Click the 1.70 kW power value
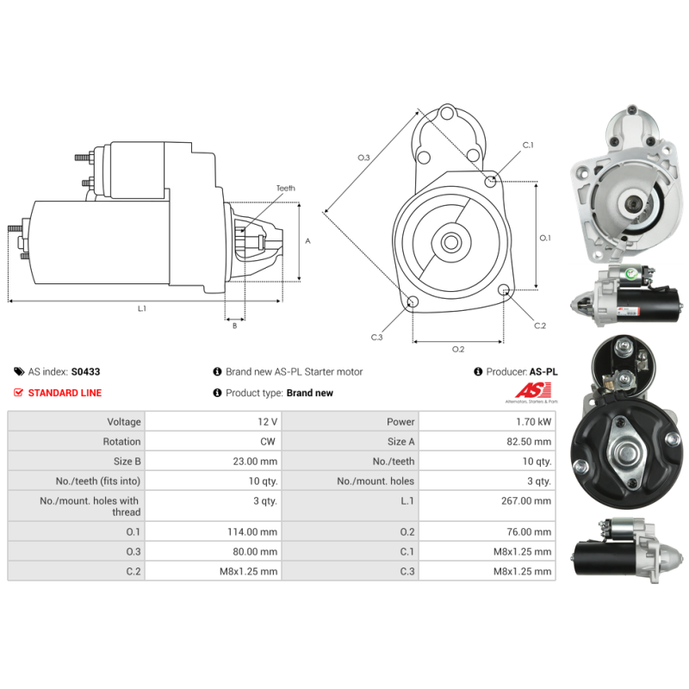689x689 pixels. coord(533,422)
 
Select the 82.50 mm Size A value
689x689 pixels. coord(529,442)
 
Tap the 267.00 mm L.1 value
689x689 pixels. coord(526,501)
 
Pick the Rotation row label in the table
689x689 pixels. coord(121,442)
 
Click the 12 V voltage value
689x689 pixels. coord(268,422)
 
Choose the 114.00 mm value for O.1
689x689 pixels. coord(252,532)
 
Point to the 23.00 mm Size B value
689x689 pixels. coord(255,462)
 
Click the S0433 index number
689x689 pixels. coord(85,372)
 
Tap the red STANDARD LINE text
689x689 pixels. coord(65,393)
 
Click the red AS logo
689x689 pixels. coord(533,390)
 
